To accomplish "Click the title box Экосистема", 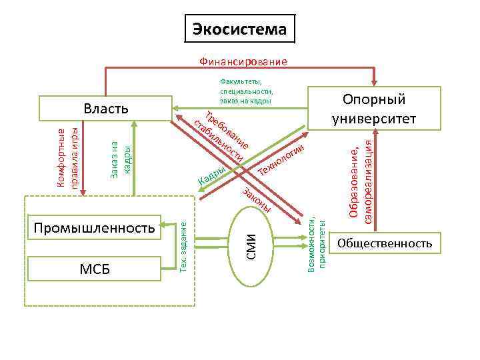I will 240,29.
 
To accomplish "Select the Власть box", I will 105,109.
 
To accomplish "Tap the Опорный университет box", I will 374,108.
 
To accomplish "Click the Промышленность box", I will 94,228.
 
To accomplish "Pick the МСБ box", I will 94,269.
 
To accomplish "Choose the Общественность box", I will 385,244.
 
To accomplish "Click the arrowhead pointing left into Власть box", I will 175,105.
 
